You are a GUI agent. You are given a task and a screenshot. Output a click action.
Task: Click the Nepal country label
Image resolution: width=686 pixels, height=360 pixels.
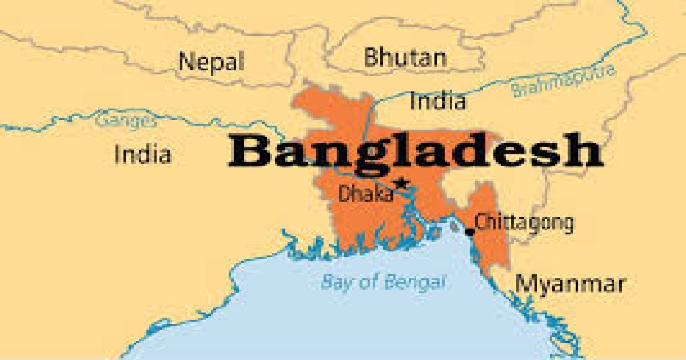[212, 61]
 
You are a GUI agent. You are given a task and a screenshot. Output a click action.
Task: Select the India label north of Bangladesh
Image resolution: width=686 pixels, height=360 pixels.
[437, 102]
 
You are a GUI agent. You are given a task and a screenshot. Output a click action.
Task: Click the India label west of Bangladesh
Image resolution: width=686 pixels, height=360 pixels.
[142, 154]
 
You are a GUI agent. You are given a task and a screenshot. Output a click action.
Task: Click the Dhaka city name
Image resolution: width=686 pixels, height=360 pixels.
[366, 194]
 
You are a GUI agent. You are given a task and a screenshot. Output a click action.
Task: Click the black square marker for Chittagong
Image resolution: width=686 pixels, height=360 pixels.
[470, 231]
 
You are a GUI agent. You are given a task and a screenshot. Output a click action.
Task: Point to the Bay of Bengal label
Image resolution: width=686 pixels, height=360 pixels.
[382, 282]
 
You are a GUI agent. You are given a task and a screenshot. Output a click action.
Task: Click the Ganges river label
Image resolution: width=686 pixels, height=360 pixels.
[125, 122]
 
